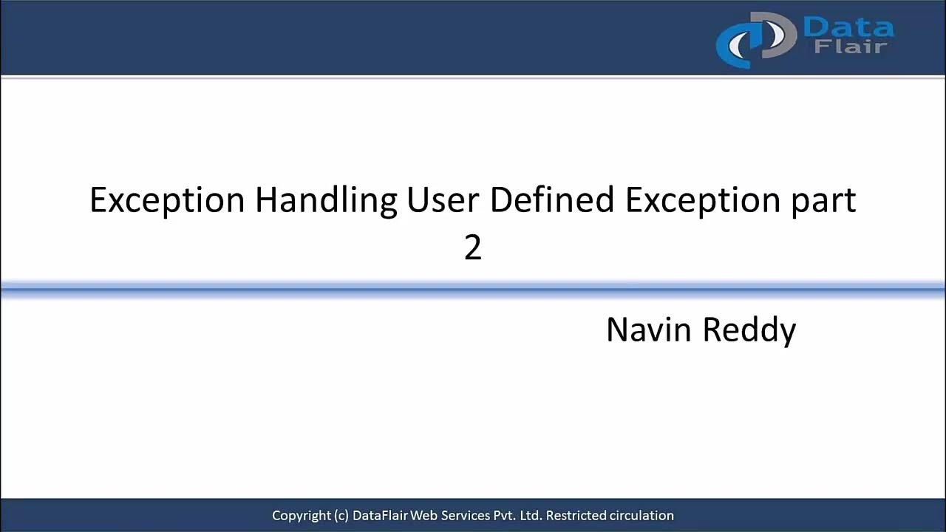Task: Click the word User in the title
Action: (443, 201)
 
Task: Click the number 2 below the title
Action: (473, 248)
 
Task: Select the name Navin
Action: (648, 330)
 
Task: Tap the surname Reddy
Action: (749, 330)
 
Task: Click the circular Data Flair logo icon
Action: (754, 40)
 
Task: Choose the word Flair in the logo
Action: (850, 47)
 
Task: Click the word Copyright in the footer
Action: (301, 516)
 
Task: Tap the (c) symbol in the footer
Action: (341, 516)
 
